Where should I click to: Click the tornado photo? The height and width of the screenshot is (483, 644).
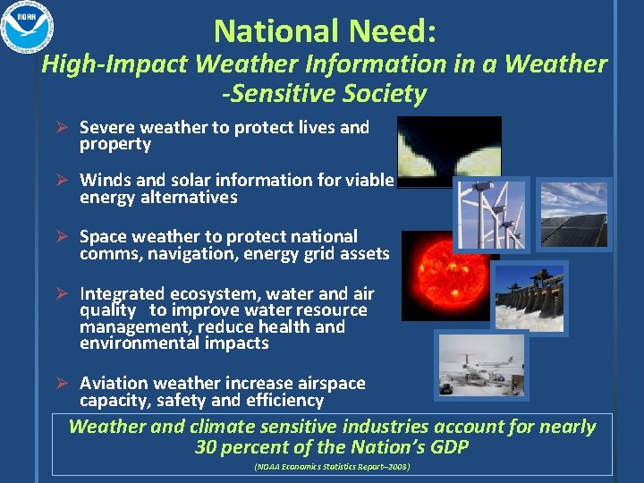coord(449,151)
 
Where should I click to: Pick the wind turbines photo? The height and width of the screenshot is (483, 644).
coord(491,215)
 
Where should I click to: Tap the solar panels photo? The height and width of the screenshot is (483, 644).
coord(573,215)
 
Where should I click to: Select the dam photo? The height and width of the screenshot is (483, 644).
coord(529,297)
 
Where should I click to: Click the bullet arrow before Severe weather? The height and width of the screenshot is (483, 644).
coord(62,128)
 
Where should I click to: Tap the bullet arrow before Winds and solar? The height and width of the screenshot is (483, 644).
coord(62,181)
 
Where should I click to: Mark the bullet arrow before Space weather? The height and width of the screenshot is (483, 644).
coord(62,237)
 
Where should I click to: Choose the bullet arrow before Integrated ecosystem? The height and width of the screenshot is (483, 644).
coord(62,294)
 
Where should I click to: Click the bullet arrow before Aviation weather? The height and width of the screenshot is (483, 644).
coord(62,384)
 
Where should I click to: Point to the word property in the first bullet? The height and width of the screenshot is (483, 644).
coord(115,144)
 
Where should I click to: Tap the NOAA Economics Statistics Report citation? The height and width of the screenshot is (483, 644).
coord(332,467)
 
